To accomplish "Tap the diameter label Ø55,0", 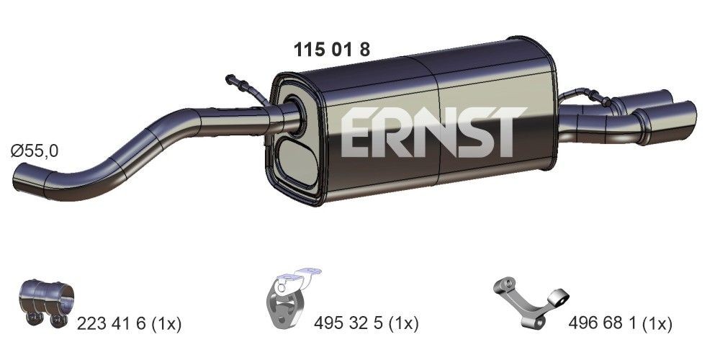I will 35,150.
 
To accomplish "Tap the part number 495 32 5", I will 349,324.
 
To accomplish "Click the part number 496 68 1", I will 602,324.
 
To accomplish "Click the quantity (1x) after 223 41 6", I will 165,324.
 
